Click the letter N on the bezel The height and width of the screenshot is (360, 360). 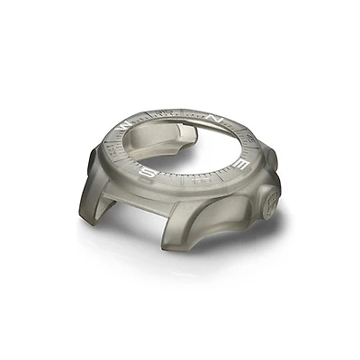(213, 118)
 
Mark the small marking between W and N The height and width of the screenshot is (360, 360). (162, 114)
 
